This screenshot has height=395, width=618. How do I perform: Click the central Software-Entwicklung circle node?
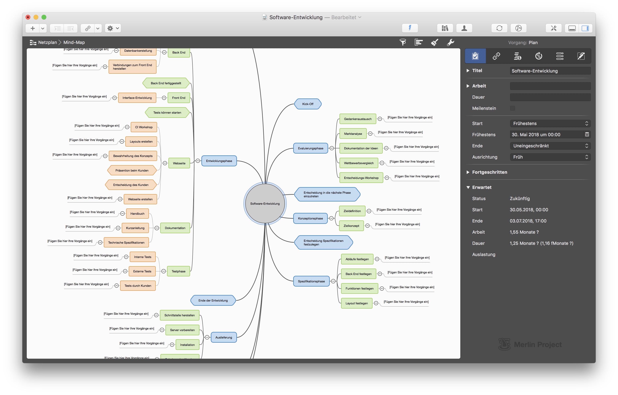(265, 203)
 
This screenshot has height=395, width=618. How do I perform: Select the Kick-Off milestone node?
(308, 104)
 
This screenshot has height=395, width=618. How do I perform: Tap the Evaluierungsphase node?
(311, 148)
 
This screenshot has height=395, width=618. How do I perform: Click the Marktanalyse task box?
(353, 134)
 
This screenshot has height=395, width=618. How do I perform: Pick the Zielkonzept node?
(351, 226)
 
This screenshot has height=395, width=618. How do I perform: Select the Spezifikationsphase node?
(311, 281)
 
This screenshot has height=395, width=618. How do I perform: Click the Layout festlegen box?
(357, 303)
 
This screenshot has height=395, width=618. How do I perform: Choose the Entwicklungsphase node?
(219, 161)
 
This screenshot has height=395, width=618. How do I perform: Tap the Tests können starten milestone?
(167, 112)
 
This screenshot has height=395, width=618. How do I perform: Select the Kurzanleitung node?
(135, 228)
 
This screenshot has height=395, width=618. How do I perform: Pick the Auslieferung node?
(224, 337)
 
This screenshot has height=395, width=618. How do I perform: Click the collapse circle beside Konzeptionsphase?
(331, 218)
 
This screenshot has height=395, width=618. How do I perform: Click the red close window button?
(28, 17)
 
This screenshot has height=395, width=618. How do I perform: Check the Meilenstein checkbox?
(513, 108)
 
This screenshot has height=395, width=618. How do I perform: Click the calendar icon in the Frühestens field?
(587, 134)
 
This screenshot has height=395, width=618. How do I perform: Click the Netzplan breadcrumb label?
(48, 42)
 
